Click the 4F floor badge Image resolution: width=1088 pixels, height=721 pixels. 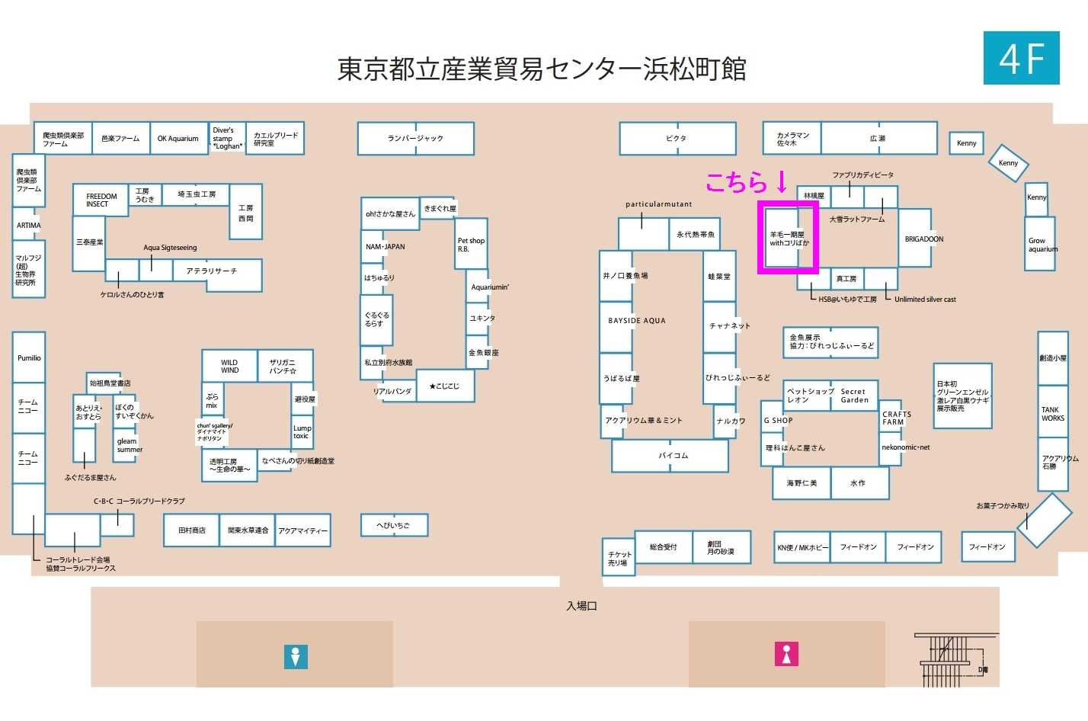(1021, 58)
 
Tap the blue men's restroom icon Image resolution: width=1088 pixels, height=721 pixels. (296, 656)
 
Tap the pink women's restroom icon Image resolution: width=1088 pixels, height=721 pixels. (786, 654)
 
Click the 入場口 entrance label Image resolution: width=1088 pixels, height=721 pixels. (581, 606)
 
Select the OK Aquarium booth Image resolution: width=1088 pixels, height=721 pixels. (178, 138)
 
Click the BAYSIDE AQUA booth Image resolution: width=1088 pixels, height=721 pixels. (636, 321)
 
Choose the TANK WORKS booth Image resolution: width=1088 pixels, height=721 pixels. (1052, 414)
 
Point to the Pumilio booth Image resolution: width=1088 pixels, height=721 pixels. (29, 357)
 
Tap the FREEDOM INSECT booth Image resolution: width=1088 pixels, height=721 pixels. (101, 200)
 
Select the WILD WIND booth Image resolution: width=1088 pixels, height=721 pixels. (229, 366)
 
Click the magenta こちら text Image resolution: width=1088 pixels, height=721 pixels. (736, 182)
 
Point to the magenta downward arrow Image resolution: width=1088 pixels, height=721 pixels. (781, 181)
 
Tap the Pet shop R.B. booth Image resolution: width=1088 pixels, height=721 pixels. (471, 245)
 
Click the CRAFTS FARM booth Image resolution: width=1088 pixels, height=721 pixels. (895, 418)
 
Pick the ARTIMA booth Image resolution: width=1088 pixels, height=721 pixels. (28, 226)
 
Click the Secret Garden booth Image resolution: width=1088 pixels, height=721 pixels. (854, 396)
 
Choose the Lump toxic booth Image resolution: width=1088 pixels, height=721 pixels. (302, 431)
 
